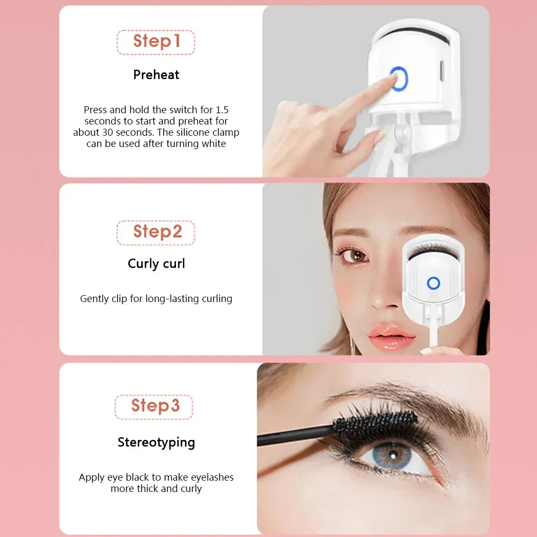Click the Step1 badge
156,42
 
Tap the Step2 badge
156,232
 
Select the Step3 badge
154,406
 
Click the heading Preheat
156,75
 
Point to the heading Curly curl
156,264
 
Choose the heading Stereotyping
156,443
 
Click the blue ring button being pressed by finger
399,79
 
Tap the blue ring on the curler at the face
433,283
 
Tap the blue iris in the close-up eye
393,456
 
